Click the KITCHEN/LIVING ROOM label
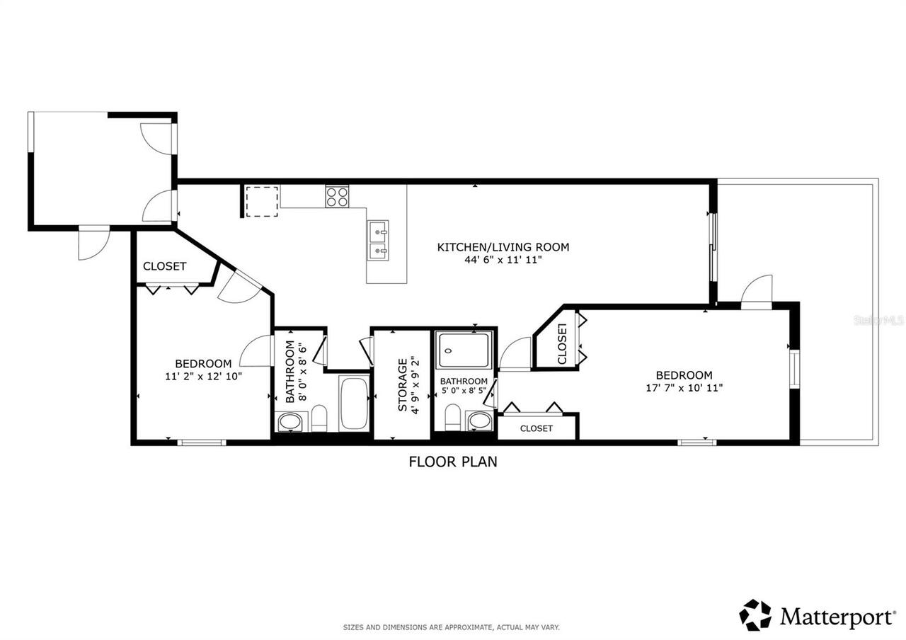tap(503, 247)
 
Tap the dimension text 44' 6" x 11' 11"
tap(503, 260)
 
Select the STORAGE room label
tap(402, 385)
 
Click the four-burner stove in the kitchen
tap(337, 196)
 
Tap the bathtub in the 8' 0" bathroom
tap(353, 404)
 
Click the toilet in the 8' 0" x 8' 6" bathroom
tap(319, 418)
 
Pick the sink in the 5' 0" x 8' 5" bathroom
tap(480, 421)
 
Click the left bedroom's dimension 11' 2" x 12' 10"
tap(204, 377)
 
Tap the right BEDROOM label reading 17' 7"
tap(684, 375)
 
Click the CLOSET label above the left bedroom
tap(164, 266)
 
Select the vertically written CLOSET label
tap(562, 344)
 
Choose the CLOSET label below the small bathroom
tap(536, 428)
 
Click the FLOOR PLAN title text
tap(453, 462)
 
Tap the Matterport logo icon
tap(756, 615)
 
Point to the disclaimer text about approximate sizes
tap(452, 627)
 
